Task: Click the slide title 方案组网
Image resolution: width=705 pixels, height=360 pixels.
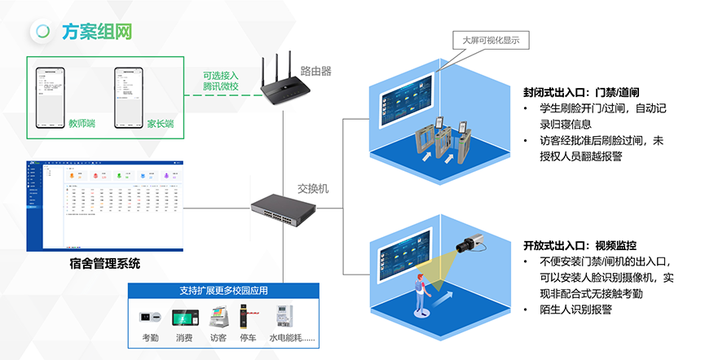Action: tap(96, 32)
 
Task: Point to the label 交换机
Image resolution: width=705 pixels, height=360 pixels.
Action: tap(314, 189)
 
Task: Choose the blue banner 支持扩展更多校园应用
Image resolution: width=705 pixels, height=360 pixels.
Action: tap(223, 291)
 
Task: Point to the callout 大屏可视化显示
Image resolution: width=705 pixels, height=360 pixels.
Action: tap(491, 40)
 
